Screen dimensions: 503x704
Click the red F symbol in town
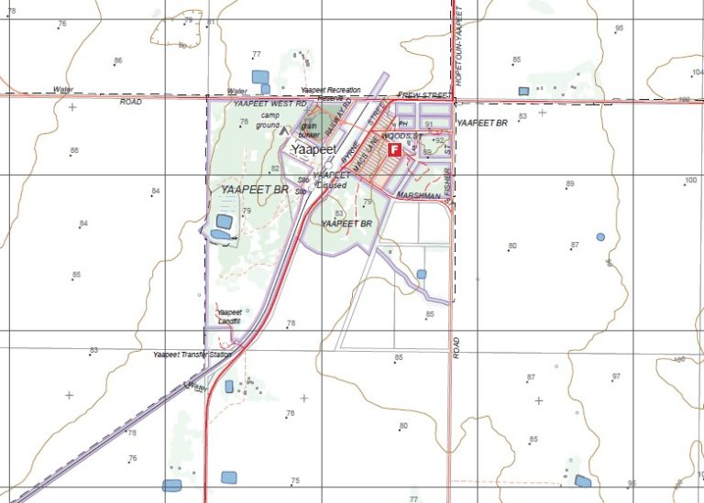point(394,148)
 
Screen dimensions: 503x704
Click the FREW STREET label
point(424,95)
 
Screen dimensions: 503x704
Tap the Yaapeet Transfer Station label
point(194,354)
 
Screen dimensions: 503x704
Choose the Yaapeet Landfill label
point(229,316)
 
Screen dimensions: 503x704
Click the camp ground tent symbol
point(283,130)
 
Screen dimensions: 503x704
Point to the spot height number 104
point(695,71)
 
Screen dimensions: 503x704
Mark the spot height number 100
point(690,180)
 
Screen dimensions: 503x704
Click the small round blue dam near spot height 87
point(600,236)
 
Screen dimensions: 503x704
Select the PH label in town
point(402,124)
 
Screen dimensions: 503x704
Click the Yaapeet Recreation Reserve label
point(330,93)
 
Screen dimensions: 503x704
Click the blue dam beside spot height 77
point(261,77)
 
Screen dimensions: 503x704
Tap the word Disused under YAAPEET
point(331,185)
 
